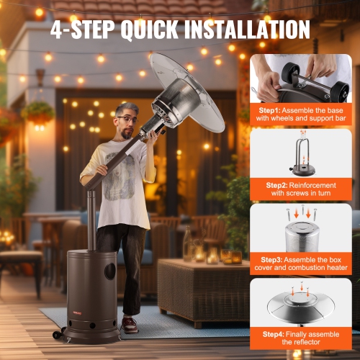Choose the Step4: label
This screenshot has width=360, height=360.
tap(266, 333)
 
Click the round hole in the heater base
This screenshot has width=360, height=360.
tap(109, 272)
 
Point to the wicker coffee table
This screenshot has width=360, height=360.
tap(202, 288)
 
